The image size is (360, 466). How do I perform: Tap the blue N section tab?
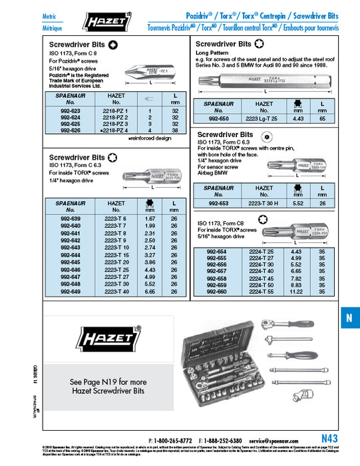pos(348,318)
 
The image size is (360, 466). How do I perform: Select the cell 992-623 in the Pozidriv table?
pos(69,111)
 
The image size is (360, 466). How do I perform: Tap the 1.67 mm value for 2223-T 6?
pos(149,218)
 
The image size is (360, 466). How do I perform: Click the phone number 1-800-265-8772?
pos(174,441)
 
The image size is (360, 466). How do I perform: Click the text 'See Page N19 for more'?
pos(107,383)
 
